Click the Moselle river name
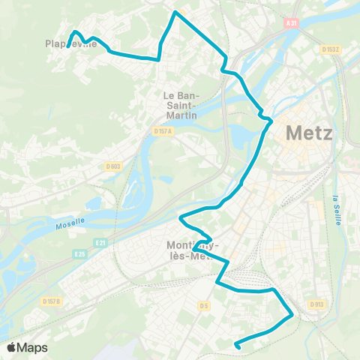coord(72,225)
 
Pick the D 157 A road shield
coord(163,131)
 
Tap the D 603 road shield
coord(113,166)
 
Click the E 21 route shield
coord(101,242)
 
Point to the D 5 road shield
coord(202,305)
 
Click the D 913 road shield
coord(316,304)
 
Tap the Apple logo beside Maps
coord(12,348)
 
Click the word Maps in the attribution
coord(32,348)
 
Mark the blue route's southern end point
coord(236,346)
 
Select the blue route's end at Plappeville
coord(68,46)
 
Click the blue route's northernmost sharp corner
coord(175,13)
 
